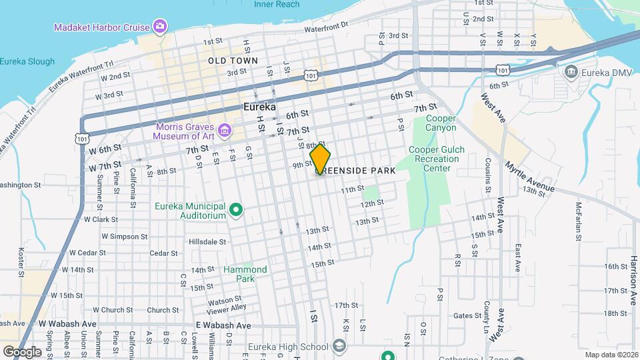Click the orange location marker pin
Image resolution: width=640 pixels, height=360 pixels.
[320, 159]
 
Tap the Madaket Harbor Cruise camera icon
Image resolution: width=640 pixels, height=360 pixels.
[159, 27]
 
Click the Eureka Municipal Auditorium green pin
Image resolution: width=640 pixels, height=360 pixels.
[235, 211]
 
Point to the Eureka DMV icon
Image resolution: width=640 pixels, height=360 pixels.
[571, 71]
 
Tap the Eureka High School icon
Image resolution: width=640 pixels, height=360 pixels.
[339, 347]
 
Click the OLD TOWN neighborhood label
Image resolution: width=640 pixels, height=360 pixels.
[232, 61]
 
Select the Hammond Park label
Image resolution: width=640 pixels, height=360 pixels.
[245, 274]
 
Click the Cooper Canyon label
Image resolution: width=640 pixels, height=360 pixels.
[441, 123]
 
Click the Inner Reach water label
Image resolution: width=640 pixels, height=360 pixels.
[277, 4]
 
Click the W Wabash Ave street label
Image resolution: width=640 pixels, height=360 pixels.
[67, 325]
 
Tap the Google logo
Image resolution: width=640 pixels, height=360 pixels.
[22, 351]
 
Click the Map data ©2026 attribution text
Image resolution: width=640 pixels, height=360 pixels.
[610, 355]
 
